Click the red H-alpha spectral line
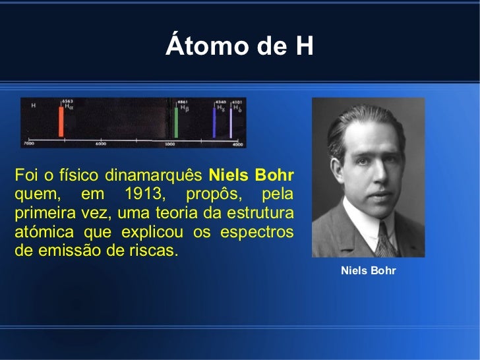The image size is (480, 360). click(61, 121)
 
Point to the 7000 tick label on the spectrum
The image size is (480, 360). click(29, 143)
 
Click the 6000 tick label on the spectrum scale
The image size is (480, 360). click(100, 143)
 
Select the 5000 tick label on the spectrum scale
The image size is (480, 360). click(169, 143)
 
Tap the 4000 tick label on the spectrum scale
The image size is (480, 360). click(237, 143)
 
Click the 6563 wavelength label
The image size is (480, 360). click(67, 102)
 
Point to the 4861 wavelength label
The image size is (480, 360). click(182, 102)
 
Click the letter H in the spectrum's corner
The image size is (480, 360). click(33, 105)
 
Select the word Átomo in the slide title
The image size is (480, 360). click(196, 47)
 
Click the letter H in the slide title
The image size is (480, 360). click(303, 47)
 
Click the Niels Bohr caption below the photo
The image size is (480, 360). click(368, 270)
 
